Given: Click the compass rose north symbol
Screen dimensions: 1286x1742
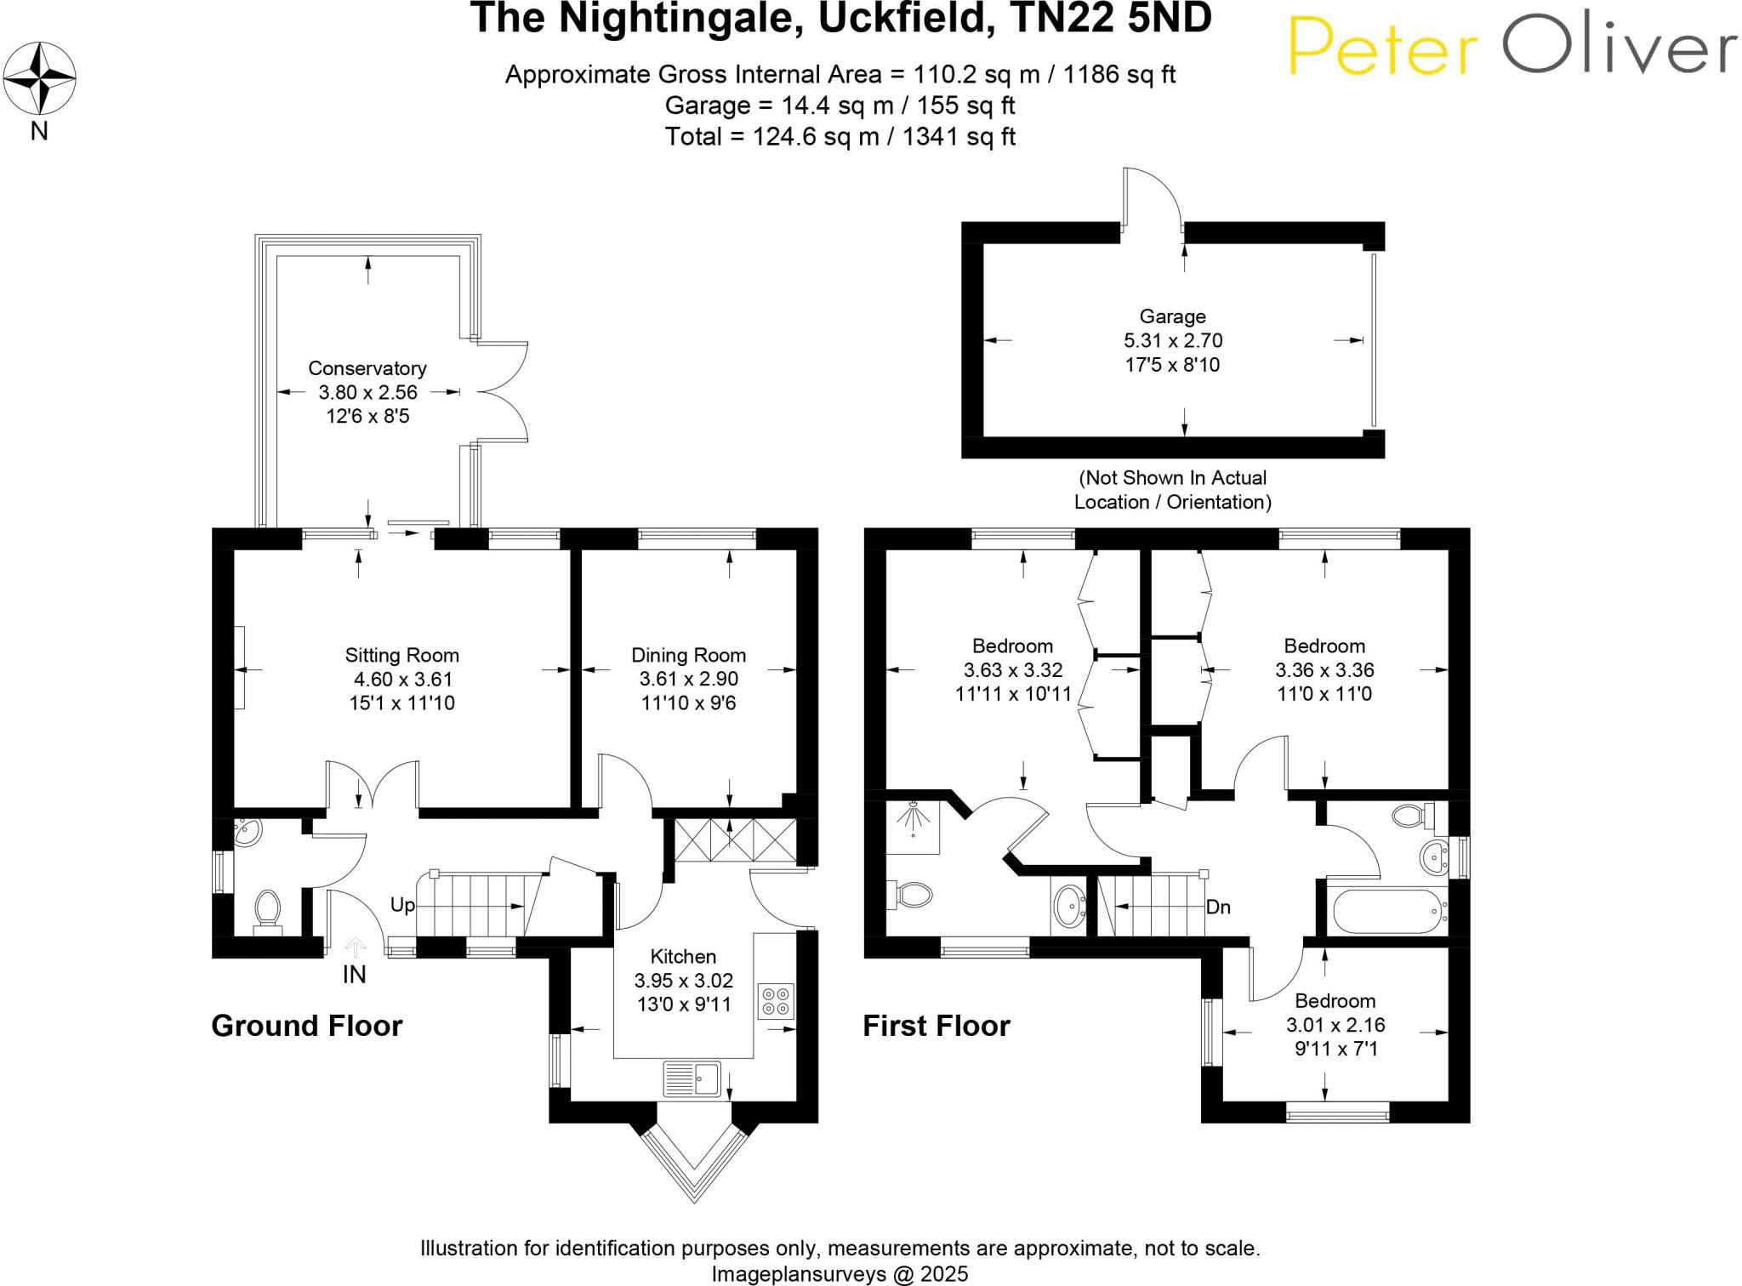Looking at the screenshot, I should point(39,78).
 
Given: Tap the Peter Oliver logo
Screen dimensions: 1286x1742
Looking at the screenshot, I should point(1512,46).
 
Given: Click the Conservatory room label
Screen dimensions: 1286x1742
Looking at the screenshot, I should point(367,368).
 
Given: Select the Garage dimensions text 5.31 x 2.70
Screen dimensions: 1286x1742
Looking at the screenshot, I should point(1172,341).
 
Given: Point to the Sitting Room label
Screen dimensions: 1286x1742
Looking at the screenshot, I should point(401,656).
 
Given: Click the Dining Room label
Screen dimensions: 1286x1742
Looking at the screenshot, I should point(688,656).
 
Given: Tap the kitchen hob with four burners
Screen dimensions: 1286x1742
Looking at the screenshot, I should point(775,1001).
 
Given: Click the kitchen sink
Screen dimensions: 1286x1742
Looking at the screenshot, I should point(692,1078).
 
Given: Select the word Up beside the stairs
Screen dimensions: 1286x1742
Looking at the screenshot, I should point(402,905).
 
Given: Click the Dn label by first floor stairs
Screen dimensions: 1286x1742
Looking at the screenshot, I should point(1218,907).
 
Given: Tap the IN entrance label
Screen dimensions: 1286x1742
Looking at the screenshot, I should point(354,975).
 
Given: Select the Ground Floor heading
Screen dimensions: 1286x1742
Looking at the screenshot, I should point(306,1026).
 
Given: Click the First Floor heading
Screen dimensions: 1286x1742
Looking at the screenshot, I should point(936,1026).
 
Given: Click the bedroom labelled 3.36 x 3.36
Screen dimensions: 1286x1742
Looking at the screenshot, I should point(1324,670).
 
